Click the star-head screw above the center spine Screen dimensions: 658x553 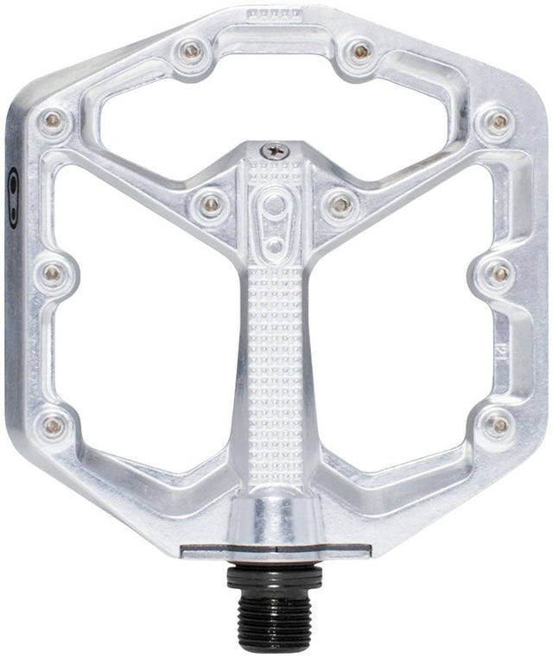(275, 150)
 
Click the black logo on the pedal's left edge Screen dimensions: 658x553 (12, 186)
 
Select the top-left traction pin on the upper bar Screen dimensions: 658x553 (191, 51)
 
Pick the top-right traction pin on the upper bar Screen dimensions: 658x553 (360, 52)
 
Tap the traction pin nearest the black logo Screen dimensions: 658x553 (53, 122)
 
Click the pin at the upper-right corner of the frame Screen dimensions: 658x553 (499, 122)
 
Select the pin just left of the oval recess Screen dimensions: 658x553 (210, 205)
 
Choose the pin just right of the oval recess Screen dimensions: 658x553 (340, 205)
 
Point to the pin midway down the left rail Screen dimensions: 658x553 (53, 274)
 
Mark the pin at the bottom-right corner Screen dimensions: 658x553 (499, 424)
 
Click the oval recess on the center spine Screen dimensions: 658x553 (275, 221)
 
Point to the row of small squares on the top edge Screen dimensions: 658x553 (275, 14)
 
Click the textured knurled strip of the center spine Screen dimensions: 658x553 (275, 363)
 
